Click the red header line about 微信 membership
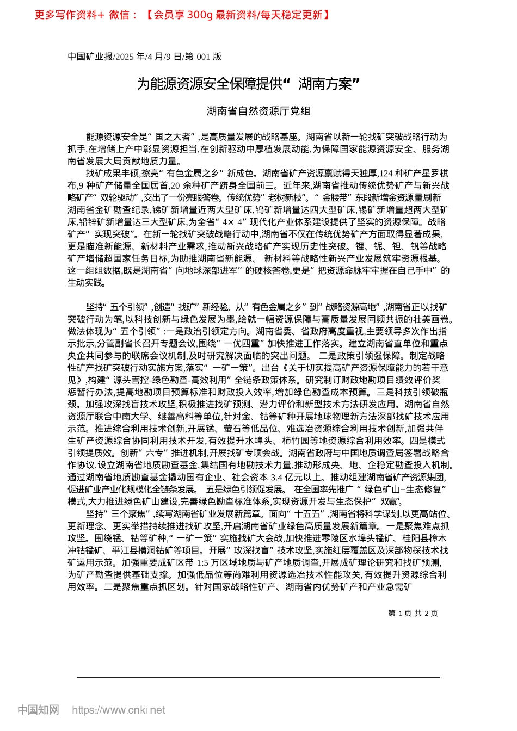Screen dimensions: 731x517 pos(182,15)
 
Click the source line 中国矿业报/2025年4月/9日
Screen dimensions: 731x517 pos(144,57)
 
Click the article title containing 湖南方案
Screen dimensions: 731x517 pos(249,84)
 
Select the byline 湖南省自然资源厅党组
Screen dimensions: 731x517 pos(258,111)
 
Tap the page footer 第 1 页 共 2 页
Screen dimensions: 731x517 pos(413,613)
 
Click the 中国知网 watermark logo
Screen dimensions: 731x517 pos(38,710)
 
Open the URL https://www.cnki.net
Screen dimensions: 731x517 pos(119,710)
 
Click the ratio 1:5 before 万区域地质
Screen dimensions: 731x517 pos(202,562)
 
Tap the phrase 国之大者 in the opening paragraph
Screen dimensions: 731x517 pos(172,137)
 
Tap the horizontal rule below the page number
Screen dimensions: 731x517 pos(258,677)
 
